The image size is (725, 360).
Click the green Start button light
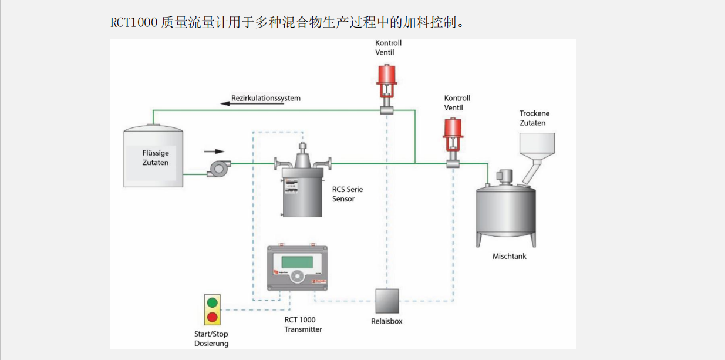coord(213,303)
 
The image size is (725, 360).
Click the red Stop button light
coord(213,317)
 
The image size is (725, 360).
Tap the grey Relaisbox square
coord(387,301)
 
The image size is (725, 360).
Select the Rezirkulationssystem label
coord(266,98)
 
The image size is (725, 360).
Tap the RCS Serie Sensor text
coord(348,194)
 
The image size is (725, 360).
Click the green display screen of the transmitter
coord(297,261)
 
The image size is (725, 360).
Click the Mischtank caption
coord(510,257)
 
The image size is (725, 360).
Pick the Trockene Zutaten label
coord(534,118)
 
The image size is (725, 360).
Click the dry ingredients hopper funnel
coord(537,147)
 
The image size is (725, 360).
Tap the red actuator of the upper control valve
coord(387,75)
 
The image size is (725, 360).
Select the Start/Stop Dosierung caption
coord(211,339)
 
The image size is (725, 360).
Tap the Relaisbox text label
coord(387,321)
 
